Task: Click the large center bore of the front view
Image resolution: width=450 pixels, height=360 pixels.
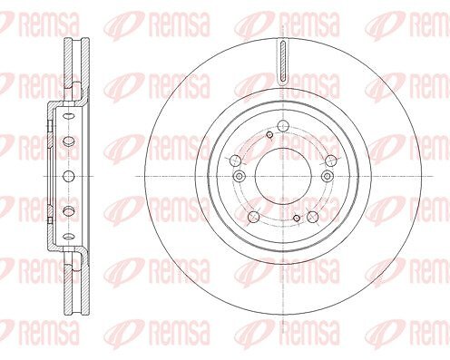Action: [x=283, y=176]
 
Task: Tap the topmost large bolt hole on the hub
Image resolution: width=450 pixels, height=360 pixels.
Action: [x=283, y=125]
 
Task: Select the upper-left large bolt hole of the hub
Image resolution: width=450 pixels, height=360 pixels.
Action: [x=235, y=161]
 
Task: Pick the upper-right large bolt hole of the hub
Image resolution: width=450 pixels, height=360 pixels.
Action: [x=331, y=161]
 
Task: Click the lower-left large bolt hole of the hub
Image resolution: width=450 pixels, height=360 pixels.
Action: [x=253, y=217]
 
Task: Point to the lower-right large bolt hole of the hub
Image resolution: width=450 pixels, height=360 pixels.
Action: [x=313, y=217]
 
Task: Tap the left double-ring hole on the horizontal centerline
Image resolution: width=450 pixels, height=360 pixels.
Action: [x=240, y=176]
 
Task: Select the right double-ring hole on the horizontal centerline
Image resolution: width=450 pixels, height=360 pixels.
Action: [x=328, y=176]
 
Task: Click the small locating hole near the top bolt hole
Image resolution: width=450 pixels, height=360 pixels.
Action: [x=269, y=135]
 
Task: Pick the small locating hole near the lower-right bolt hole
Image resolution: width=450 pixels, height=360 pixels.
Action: [x=297, y=218]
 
